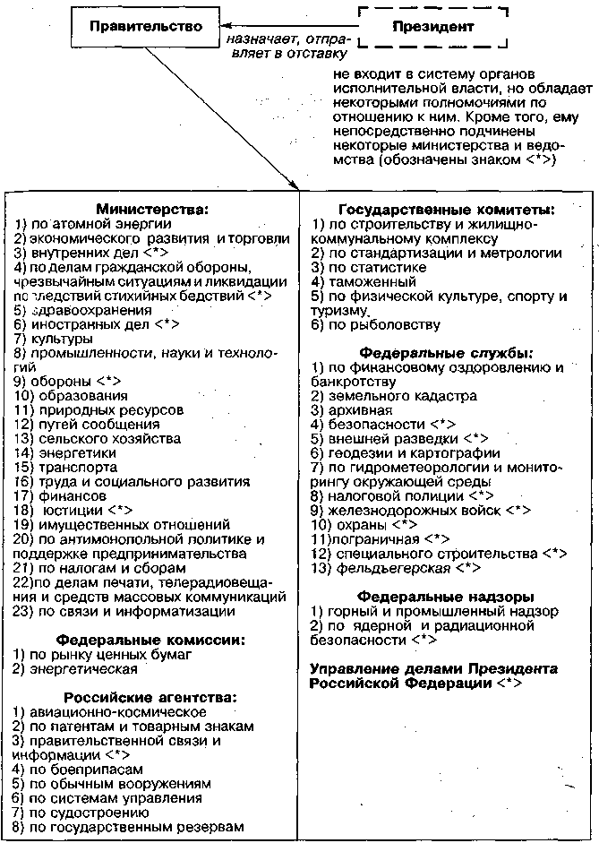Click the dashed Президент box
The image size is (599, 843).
pos(432,27)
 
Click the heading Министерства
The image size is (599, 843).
pos(152,210)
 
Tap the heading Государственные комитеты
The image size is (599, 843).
pos(445,210)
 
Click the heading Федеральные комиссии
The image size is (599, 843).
pos(150,640)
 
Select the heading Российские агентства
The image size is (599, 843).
pos(150,697)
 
